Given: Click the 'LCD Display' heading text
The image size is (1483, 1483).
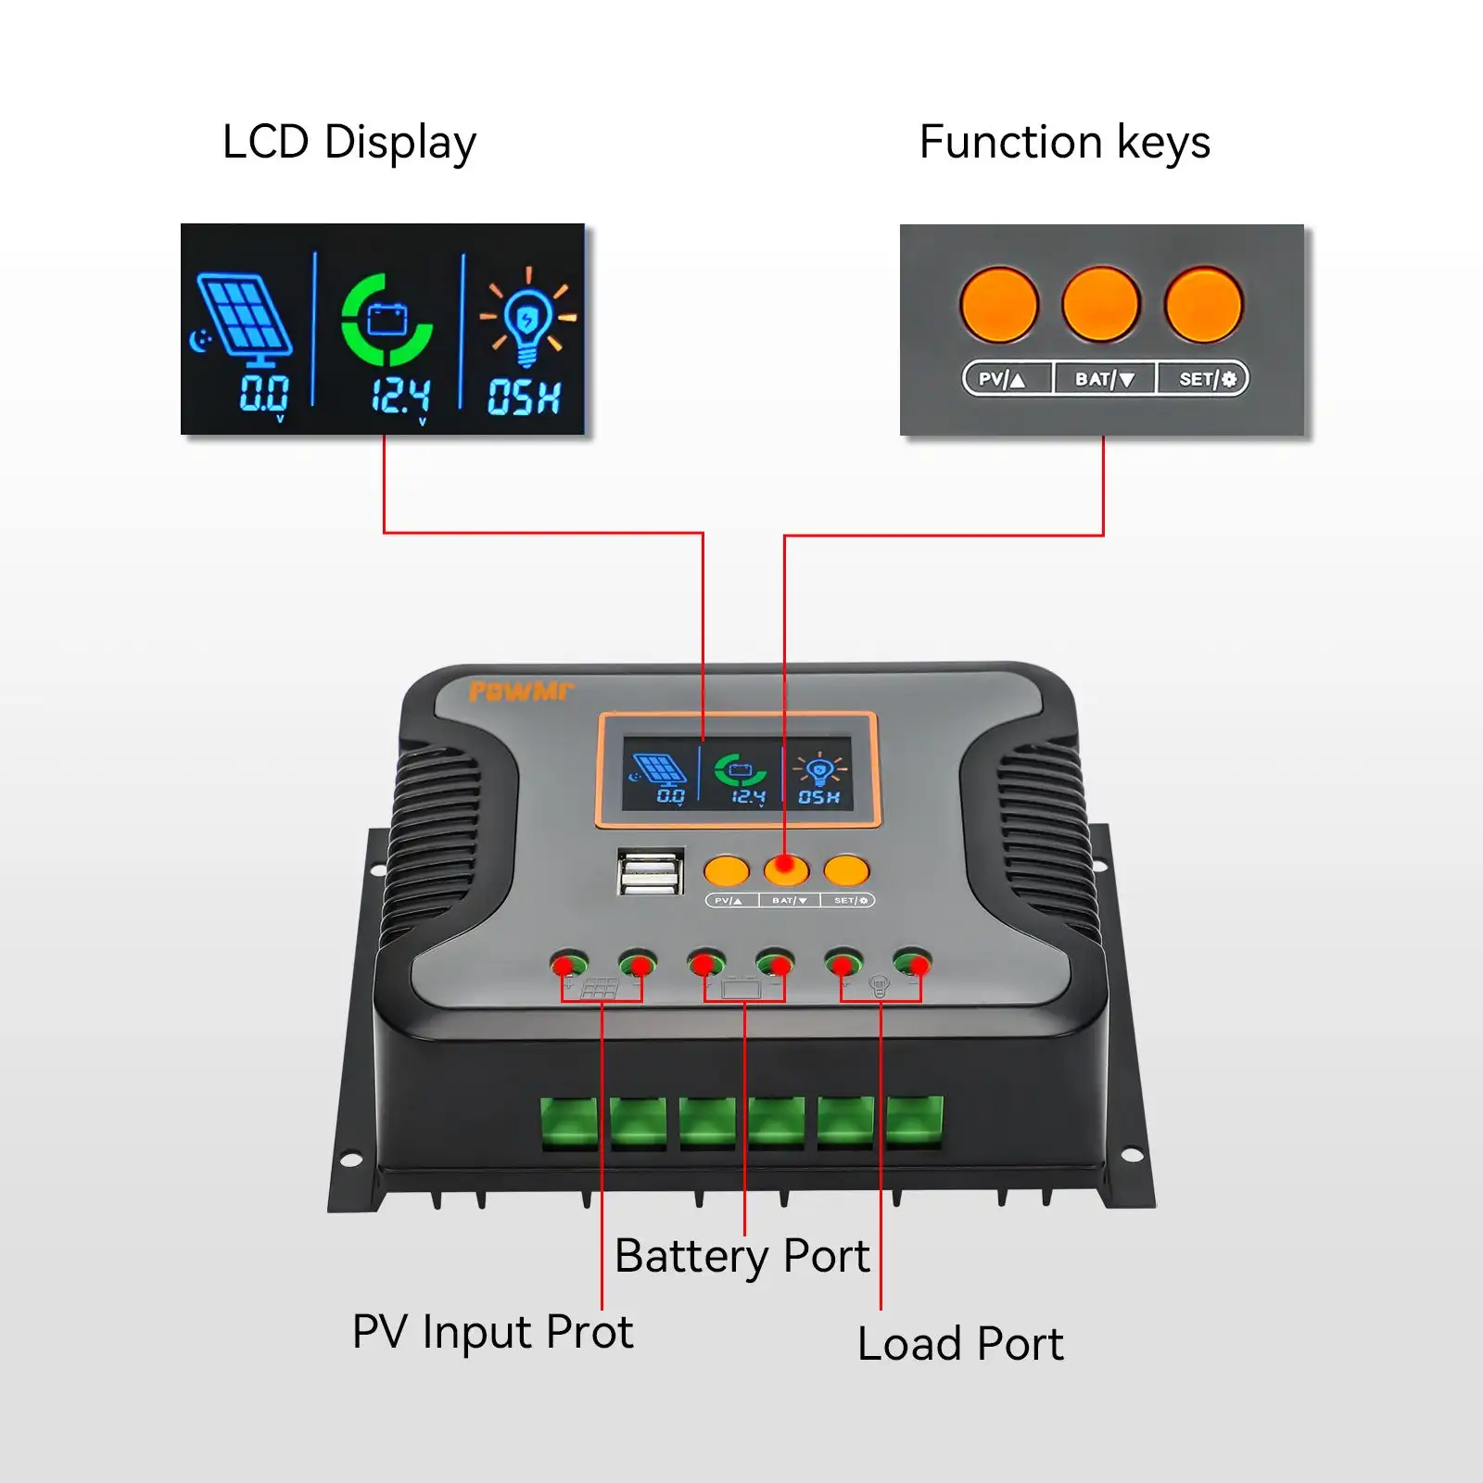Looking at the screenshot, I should pyautogui.click(x=349, y=144).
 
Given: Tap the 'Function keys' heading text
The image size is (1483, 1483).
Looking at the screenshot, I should pyautogui.click(x=1064, y=144).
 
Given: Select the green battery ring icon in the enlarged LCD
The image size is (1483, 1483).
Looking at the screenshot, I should pyautogui.click(x=387, y=321).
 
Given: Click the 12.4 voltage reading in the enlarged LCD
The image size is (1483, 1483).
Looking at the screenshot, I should pyautogui.click(x=400, y=396).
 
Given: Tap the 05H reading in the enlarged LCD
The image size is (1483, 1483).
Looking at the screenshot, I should pyautogui.click(x=524, y=397).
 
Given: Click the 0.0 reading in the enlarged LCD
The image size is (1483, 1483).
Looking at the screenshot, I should pyautogui.click(x=264, y=394).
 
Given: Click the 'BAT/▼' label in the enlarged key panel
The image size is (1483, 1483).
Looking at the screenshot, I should pyautogui.click(x=1104, y=379).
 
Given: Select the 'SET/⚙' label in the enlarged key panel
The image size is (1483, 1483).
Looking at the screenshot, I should pyautogui.click(x=1206, y=379).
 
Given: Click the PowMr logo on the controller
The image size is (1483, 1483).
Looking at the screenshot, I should pyautogui.click(x=520, y=691).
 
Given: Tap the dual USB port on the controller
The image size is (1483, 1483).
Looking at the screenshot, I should pyautogui.click(x=651, y=872).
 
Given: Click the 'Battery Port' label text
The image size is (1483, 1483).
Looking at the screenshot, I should pyautogui.click(x=741, y=1257).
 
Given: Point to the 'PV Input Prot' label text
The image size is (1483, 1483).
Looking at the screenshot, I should pyautogui.click(x=492, y=1333).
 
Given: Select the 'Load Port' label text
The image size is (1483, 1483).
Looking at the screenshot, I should pyautogui.click(x=960, y=1344).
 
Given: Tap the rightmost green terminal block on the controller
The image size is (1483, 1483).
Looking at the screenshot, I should pyautogui.click(x=914, y=1122).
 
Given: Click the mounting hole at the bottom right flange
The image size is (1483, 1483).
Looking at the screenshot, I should pyautogui.click(x=1132, y=1154).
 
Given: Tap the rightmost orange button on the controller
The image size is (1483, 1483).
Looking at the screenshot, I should pyautogui.click(x=845, y=870).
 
